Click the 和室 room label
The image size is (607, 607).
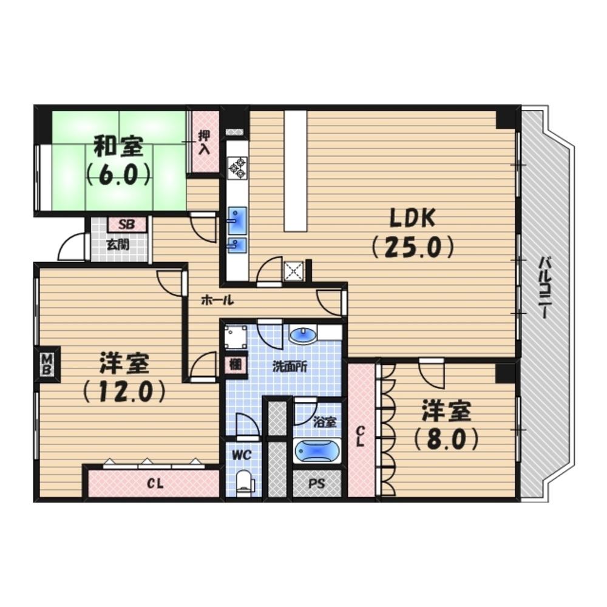click(119, 146)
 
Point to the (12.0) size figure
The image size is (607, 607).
click(124, 392)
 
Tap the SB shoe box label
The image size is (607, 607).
click(127, 225)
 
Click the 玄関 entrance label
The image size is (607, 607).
click(118, 245)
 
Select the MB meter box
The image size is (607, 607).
click(47, 364)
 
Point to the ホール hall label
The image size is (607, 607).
click(217, 300)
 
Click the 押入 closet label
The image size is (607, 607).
click(204, 143)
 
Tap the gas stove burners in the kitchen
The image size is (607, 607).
click(238, 168)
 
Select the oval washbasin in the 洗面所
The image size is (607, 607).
click(303, 336)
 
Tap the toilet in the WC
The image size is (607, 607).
click(244, 481)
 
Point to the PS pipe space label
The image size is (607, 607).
click(317, 484)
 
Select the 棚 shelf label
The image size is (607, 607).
click(236, 365)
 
